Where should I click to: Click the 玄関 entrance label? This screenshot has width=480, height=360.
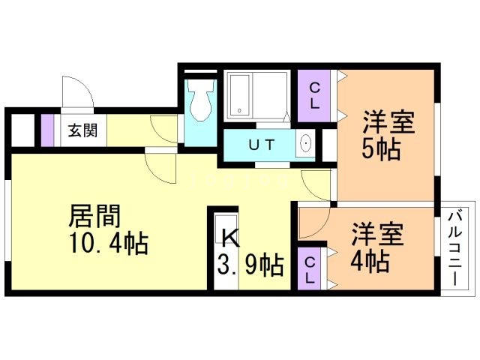pos(82,130)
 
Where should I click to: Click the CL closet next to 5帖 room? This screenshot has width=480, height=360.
pos(315,96)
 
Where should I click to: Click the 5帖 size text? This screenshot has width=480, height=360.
pos(381,148)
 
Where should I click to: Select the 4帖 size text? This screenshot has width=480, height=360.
pos(370,262)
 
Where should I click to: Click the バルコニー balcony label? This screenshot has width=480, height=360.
pos(454,248)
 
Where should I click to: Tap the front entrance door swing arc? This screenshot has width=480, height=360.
pos(78,92)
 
